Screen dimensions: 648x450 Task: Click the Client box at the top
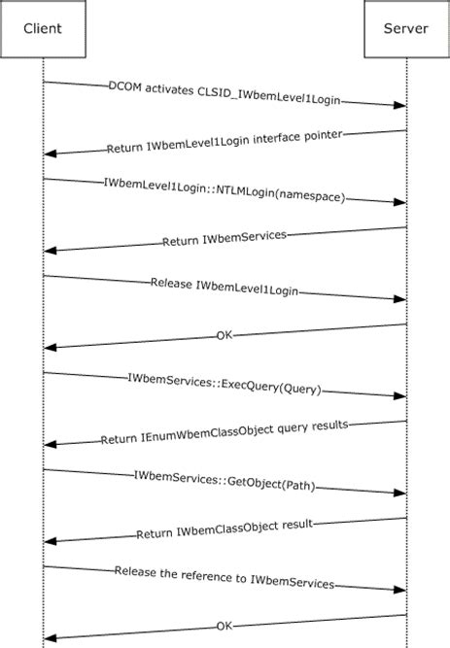click(x=44, y=28)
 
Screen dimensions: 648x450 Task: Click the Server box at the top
click(x=406, y=28)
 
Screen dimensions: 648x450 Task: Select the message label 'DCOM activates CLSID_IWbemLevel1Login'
click(x=225, y=93)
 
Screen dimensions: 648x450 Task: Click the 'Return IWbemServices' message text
click(x=225, y=239)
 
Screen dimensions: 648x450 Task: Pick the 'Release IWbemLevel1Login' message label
click(x=225, y=288)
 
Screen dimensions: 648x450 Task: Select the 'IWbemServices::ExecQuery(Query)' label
click(x=225, y=385)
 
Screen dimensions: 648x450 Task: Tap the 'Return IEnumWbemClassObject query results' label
click(x=225, y=433)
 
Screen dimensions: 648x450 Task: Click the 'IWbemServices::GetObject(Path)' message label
click(x=225, y=482)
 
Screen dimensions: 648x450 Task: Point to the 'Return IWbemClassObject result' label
click(x=225, y=530)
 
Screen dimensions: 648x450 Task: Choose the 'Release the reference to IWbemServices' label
click(x=225, y=579)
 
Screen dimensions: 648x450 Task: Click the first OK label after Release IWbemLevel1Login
click(x=225, y=336)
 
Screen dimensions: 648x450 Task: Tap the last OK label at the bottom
click(x=225, y=627)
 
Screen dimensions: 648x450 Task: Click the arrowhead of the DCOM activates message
click(x=399, y=105)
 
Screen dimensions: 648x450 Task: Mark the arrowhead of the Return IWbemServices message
click(x=51, y=251)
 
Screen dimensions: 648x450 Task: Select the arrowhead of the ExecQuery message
click(x=399, y=396)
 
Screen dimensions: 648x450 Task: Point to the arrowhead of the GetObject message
click(x=399, y=494)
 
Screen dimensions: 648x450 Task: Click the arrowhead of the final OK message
click(x=51, y=638)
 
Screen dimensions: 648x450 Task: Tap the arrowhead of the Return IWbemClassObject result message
click(x=51, y=542)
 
